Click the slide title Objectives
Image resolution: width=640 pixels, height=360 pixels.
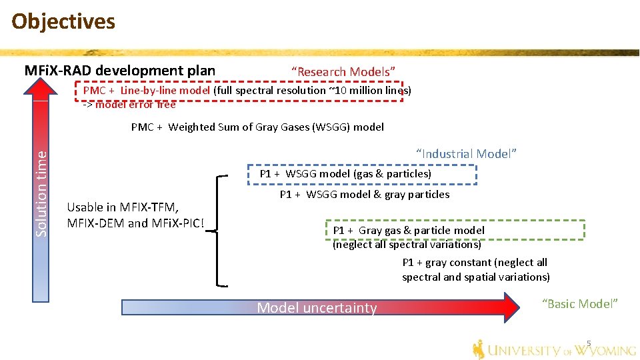click(63, 21)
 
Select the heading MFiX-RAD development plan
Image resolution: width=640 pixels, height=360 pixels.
click(120, 70)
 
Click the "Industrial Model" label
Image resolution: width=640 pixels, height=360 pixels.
click(466, 154)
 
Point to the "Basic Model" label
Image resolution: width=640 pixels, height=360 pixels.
click(580, 304)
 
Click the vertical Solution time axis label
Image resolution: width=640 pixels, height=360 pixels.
click(41, 193)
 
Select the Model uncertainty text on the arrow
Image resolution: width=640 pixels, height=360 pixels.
click(317, 308)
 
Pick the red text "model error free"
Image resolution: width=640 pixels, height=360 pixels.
click(135, 105)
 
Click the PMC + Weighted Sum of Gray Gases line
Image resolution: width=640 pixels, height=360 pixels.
click(257, 127)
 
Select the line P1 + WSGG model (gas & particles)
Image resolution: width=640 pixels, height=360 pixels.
click(345, 174)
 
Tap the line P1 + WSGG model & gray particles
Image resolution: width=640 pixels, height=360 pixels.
click(364, 195)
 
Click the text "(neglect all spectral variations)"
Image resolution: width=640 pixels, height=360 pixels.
click(407, 244)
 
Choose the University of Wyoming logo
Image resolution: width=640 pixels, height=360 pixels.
click(554, 349)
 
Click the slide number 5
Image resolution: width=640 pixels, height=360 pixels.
click(589, 344)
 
